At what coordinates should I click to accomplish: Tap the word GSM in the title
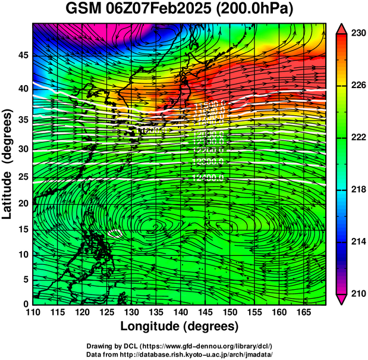83,10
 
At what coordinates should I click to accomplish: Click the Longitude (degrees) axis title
180,326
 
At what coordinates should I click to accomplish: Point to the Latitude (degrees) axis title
8,164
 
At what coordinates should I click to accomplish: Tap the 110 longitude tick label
33,311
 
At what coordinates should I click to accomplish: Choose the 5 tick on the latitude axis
24,279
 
